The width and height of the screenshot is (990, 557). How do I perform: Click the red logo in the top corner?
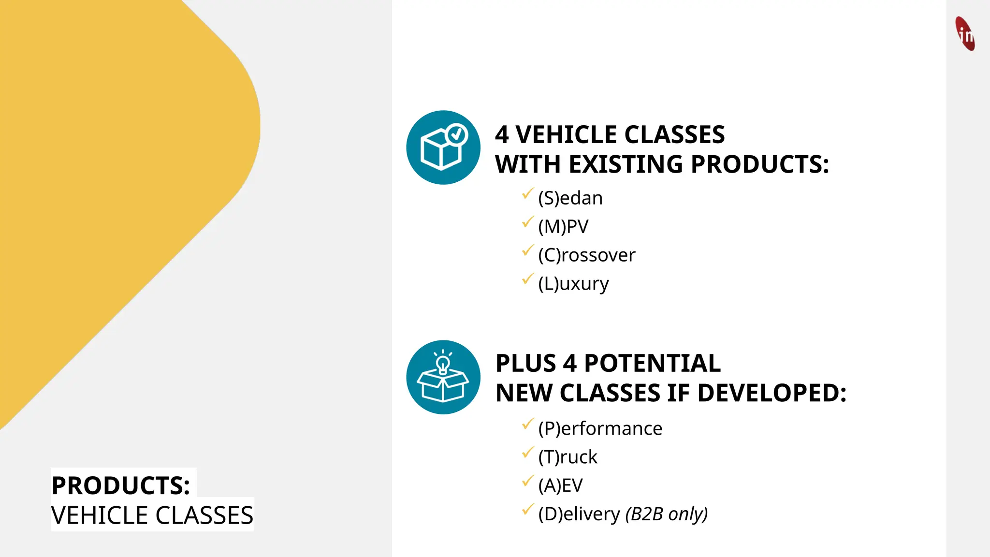point(965,33)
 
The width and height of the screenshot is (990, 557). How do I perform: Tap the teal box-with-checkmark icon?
point(443,147)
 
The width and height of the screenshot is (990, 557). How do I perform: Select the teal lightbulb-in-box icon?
point(443,377)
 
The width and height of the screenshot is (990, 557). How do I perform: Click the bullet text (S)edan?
point(570,198)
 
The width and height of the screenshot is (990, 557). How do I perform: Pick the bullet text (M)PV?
point(563,226)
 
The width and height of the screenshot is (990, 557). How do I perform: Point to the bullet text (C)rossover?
point(586,255)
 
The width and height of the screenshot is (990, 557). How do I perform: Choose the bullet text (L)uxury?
point(573,283)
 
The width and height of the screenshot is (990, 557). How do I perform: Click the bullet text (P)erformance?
point(600,428)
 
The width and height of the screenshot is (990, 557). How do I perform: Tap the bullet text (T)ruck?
point(568,457)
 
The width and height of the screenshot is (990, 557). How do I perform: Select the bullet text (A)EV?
point(560,485)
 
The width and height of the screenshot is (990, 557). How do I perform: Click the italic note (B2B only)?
point(666,514)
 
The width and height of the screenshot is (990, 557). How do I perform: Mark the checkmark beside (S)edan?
point(527,194)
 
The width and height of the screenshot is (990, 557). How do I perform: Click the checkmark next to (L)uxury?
point(527,279)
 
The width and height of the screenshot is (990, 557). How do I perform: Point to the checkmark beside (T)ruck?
point(527,453)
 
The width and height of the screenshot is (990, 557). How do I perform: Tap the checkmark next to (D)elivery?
point(527,510)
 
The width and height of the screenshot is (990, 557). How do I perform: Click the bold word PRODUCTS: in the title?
point(121,485)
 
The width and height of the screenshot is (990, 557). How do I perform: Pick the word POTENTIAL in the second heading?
point(652,363)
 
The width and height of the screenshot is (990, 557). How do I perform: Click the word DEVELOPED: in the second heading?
point(772,393)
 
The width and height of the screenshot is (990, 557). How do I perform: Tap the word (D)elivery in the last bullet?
point(579,514)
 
